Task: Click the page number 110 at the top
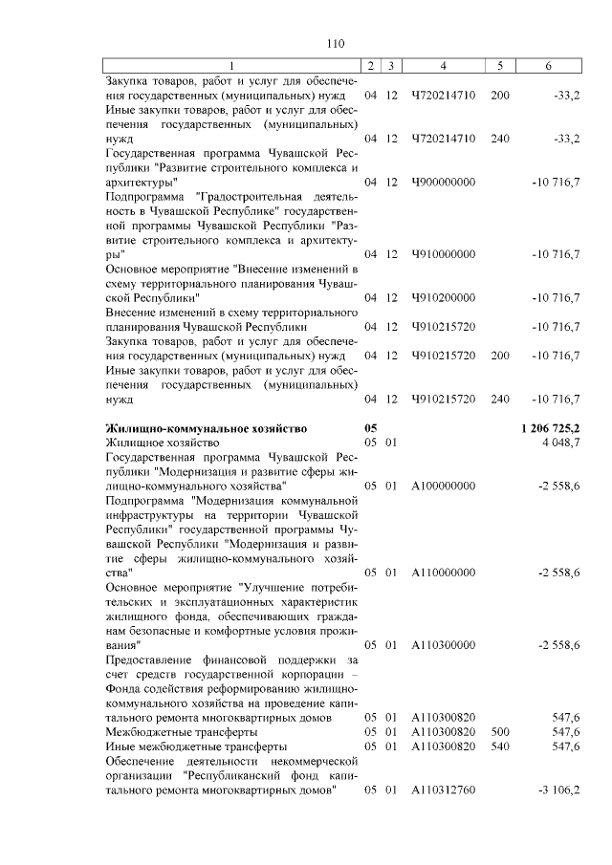[335, 43]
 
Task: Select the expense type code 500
[499, 731]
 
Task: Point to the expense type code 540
[499, 746]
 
